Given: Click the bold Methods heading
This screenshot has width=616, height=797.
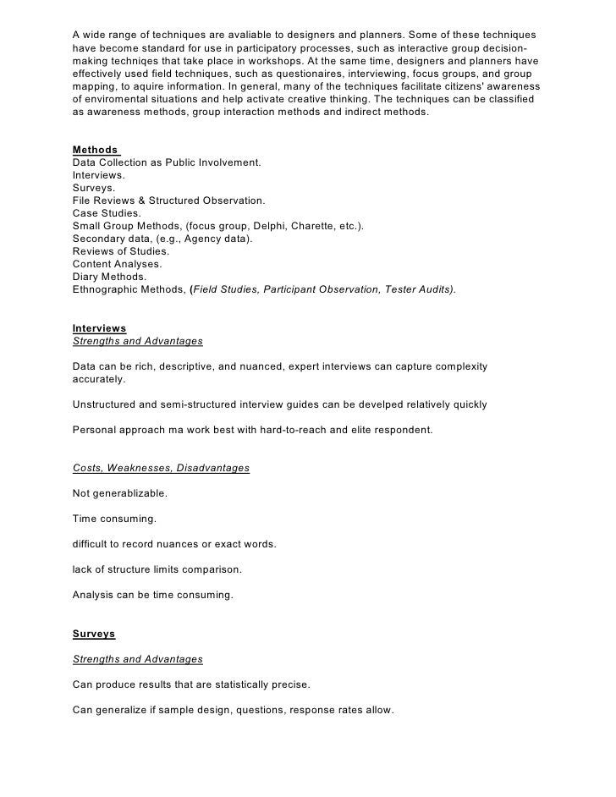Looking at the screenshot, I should click(x=95, y=150).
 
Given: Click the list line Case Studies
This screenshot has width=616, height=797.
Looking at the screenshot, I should click(x=107, y=214).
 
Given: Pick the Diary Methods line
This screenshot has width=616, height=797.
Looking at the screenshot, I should click(x=109, y=277).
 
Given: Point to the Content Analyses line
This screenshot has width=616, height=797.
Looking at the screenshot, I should click(x=117, y=264).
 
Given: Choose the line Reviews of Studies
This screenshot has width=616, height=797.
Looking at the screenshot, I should click(x=121, y=251).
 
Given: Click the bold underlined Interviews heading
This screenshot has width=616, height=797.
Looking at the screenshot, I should click(x=99, y=327).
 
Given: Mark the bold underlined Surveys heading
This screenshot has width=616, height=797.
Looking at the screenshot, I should click(x=94, y=634).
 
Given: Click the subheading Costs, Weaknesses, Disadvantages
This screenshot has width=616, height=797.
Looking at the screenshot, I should click(x=161, y=468).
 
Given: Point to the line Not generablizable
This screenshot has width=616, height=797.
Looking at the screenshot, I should click(x=119, y=493).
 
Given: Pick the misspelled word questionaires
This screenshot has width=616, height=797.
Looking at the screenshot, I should click(x=288, y=74).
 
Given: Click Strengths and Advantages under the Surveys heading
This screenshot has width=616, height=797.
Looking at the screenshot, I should click(x=138, y=659).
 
